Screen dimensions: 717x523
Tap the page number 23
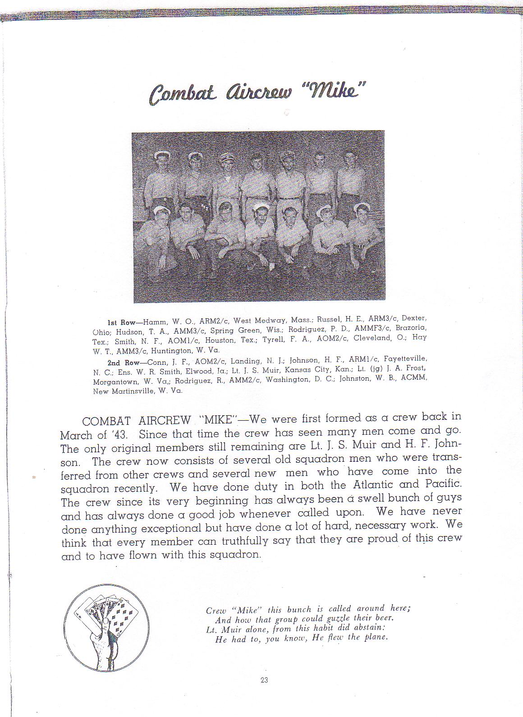pos(264,680)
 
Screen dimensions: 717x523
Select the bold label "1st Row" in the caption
pos(118,323)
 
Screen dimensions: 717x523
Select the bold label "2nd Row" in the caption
pos(119,362)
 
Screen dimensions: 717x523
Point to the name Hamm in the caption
pos(155,322)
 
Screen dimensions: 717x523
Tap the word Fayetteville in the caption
pos(405,359)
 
